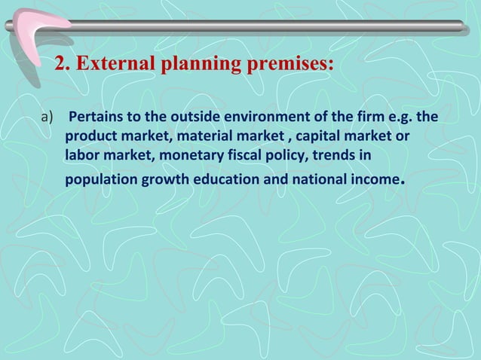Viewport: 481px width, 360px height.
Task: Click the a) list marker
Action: (x=47, y=119)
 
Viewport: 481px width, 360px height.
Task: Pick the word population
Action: (x=97, y=181)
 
